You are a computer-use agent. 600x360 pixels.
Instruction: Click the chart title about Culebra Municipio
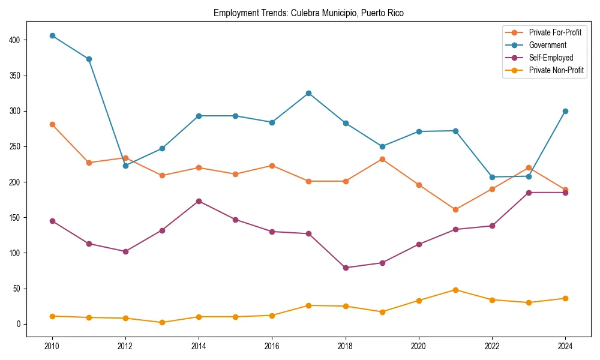click(308, 13)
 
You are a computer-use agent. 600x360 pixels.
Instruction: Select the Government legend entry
click(547, 45)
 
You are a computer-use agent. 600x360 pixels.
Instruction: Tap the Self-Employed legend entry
click(551, 58)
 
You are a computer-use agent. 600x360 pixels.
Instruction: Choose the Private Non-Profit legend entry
click(556, 70)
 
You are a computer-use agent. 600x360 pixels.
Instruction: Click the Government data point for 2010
click(52, 35)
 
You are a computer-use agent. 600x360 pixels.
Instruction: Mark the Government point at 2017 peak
click(308, 93)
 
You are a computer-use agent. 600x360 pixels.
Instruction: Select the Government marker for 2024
click(565, 111)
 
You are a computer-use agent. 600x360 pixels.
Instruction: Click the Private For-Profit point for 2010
click(52, 124)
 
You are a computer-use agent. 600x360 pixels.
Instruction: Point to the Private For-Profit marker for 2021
click(455, 209)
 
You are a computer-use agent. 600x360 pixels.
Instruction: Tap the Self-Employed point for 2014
click(199, 201)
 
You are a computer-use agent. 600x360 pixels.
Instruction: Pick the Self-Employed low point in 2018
click(346, 268)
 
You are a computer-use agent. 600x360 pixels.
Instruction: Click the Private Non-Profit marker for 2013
click(162, 322)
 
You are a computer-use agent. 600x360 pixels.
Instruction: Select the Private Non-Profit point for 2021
click(455, 290)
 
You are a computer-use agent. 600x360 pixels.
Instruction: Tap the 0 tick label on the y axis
click(18, 324)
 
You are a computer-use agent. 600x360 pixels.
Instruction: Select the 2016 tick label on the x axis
click(272, 346)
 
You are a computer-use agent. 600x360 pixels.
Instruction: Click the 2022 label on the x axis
click(492, 346)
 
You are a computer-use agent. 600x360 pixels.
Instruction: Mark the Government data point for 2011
click(89, 59)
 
